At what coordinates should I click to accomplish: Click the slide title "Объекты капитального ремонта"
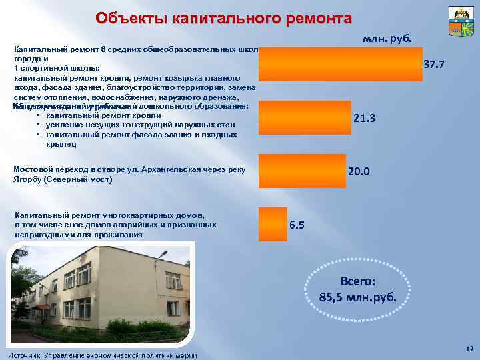click(223, 17)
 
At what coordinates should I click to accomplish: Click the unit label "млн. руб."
click(387, 38)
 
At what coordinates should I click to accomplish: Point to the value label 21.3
click(365, 118)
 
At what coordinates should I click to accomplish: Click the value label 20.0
click(359, 171)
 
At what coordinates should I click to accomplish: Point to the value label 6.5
click(297, 225)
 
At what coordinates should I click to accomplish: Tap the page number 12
click(469, 349)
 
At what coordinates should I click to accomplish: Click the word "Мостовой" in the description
click(31, 169)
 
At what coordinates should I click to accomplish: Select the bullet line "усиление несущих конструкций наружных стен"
click(137, 125)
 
